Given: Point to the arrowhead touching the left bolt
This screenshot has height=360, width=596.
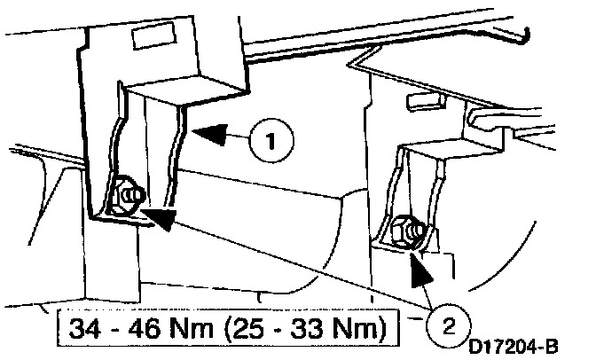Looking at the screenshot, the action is (159, 216).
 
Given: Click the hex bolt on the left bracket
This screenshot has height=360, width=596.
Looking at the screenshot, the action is (124, 194).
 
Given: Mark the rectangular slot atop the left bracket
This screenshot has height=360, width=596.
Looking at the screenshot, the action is (142, 37).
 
